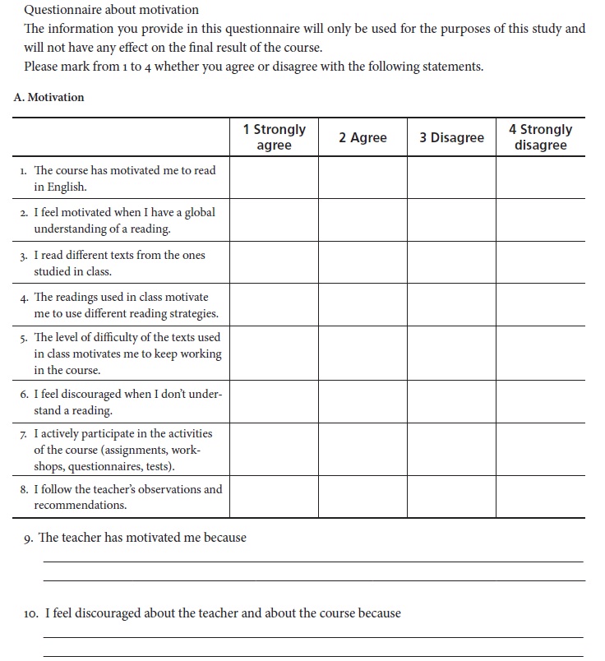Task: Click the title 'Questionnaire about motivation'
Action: click(111, 10)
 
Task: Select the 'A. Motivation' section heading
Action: click(48, 97)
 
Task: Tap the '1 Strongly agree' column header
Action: click(274, 137)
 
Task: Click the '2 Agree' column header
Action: click(363, 137)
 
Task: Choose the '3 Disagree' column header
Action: click(451, 137)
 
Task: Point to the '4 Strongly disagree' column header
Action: click(540, 137)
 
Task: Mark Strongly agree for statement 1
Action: click(274, 178)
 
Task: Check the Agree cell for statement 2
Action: click(363, 220)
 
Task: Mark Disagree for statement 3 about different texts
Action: click(451, 262)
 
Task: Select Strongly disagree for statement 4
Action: click(540, 305)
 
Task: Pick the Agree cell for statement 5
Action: click(363, 353)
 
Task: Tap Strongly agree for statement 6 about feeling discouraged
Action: click(274, 401)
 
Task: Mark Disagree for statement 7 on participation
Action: click(451, 449)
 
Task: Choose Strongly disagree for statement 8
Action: click(540, 496)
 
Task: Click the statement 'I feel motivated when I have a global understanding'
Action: click(123, 220)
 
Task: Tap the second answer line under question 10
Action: click(312, 655)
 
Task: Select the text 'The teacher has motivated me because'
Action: click(142, 538)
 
